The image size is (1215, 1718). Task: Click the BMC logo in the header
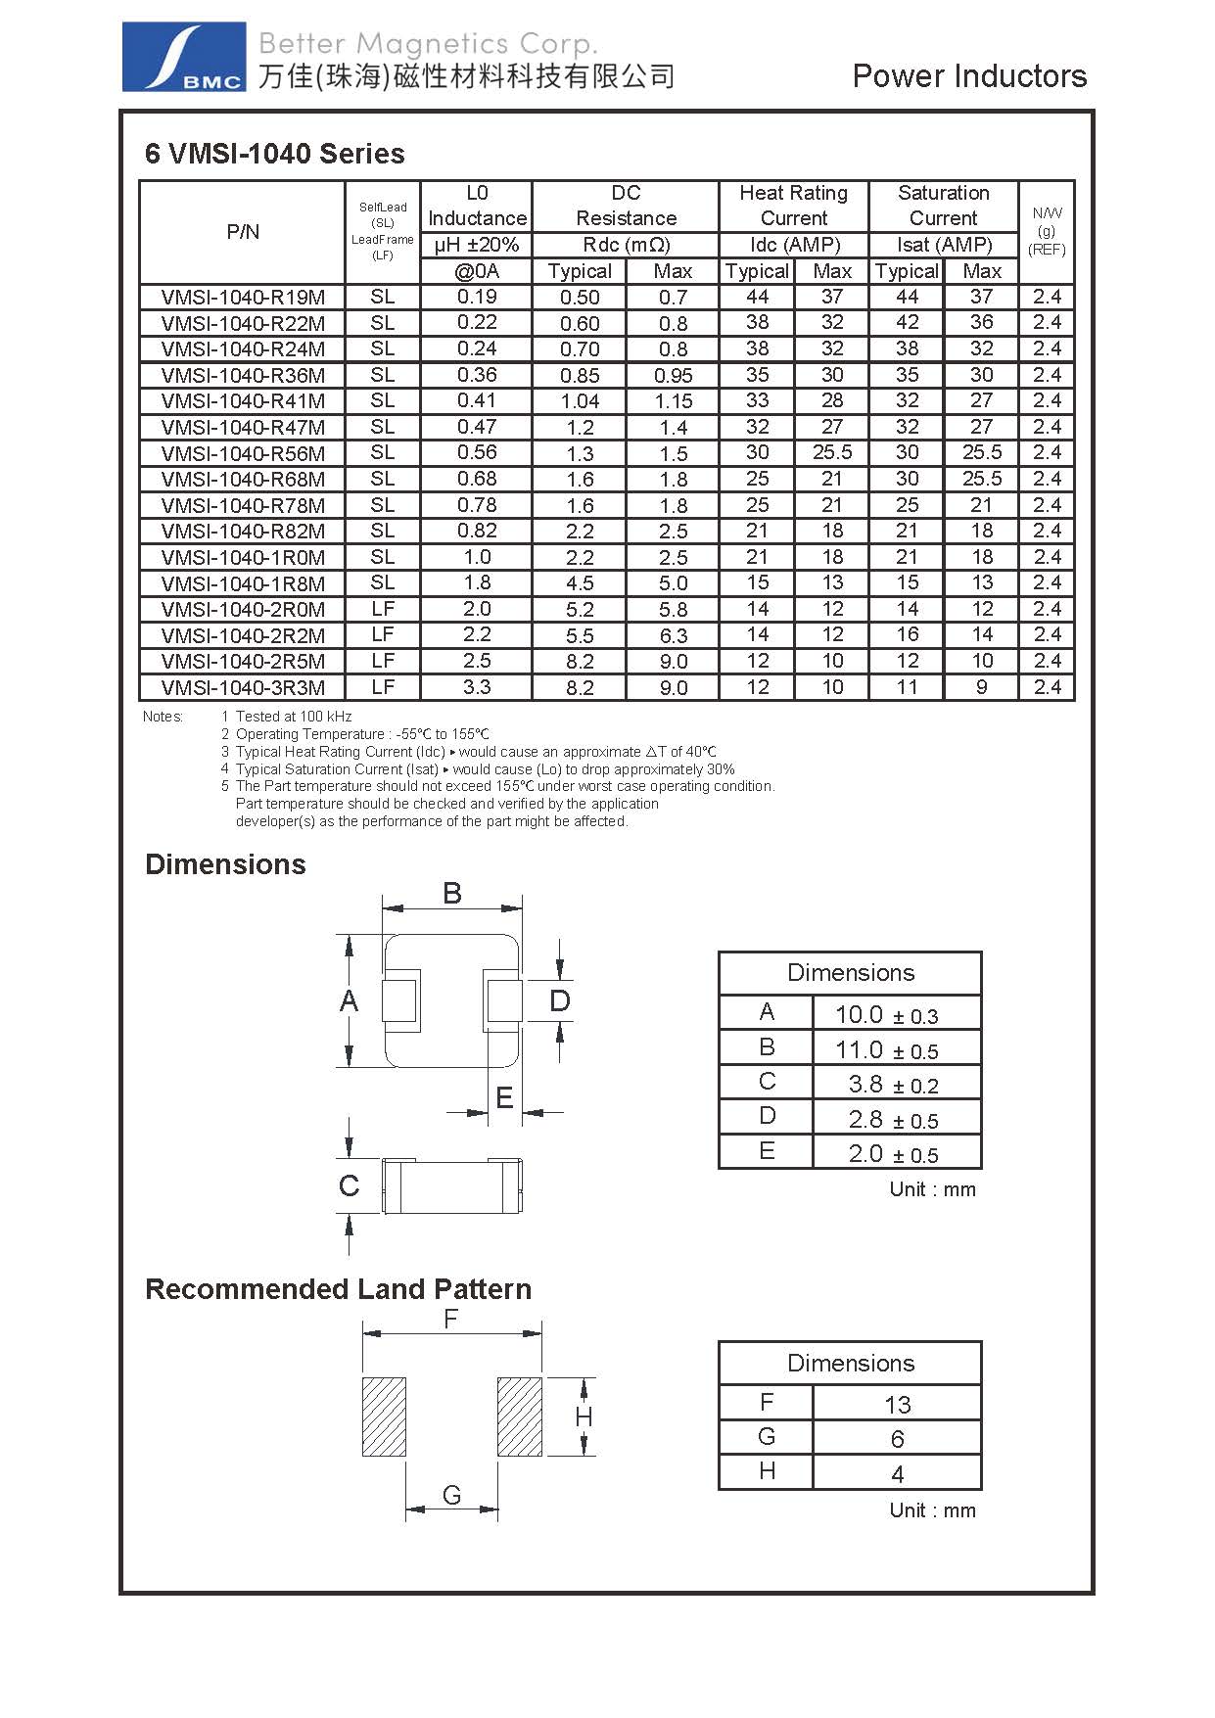tap(183, 58)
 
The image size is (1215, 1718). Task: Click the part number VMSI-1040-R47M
tap(243, 428)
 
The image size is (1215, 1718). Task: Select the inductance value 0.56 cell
tap(477, 453)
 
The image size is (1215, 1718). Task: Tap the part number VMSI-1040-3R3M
tap(243, 687)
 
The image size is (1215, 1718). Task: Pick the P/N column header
tap(243, 232)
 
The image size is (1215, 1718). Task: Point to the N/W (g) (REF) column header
tap(1047, 231)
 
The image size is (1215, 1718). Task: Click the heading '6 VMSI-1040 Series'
tap(274, 154)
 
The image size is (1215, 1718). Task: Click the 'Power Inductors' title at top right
tap(969, 76)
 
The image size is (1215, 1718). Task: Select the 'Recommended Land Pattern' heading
tap(338, 1289)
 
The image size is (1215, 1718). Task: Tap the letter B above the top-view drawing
tap(452, 893)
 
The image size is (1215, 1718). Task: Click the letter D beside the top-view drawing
tap(559, 1001)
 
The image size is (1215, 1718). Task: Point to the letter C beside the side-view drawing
tap(349, 1186)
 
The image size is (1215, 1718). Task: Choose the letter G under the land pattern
tap(451, 1496)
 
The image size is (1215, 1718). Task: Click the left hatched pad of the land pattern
tap(384, 1416)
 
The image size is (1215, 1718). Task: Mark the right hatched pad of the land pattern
tap(519, 1416)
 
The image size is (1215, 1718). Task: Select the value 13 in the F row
tap(897, 1405)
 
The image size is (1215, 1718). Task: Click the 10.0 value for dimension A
tap(859, 1015)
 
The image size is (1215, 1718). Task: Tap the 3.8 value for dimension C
tap(865, 1085)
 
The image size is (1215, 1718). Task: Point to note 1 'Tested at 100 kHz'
tap(293, 717)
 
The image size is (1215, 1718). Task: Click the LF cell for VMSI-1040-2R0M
tap(383, 609)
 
